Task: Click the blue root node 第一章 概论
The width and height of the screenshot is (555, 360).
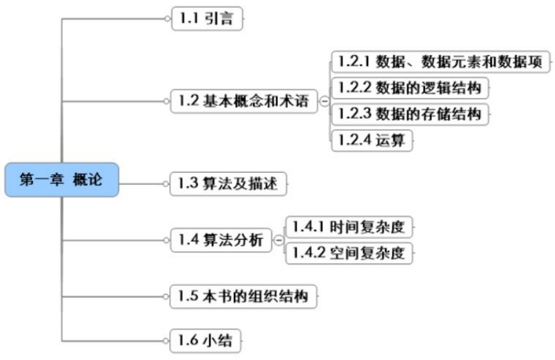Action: point(61,180)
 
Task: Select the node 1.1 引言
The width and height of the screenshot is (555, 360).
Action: point(207,19)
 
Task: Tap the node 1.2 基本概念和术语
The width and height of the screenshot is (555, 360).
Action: point(244,101)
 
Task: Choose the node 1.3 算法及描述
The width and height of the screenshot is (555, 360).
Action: point(228,184)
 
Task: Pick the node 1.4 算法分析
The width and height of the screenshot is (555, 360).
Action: point(220,240)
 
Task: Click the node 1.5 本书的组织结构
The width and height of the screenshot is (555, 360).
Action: point(244,297)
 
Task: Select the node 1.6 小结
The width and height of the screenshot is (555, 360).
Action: point(206,339)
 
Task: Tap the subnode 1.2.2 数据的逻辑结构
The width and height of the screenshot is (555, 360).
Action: point(412,87)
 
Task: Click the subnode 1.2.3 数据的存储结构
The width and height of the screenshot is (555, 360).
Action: point(412,114)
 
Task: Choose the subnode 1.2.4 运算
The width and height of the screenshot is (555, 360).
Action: point(372,140)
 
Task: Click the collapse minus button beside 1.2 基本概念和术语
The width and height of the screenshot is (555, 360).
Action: point(324,102)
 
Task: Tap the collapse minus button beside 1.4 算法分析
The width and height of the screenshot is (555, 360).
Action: point(278,240)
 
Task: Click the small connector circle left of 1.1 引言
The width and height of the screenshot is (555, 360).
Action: point(166,19)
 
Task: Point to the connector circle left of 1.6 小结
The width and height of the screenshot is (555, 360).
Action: point(166,339)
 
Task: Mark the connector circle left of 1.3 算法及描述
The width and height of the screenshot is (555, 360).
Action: point(166,184)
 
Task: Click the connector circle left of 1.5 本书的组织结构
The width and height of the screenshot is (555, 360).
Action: point(166,297)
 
